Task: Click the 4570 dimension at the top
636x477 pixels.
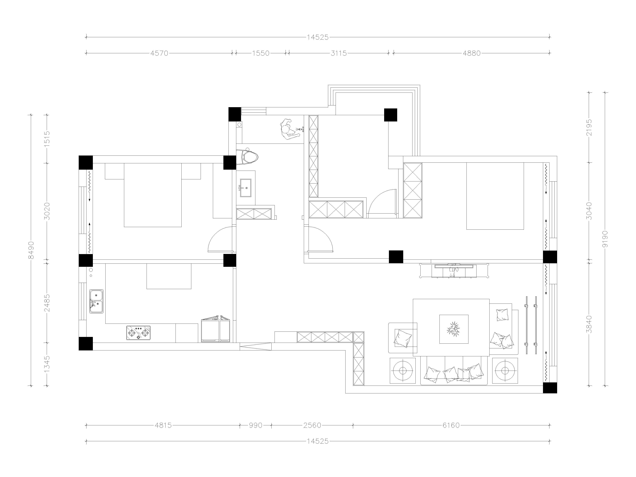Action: (x=159, y=53)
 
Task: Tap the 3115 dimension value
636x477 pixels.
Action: (x=339, y=53)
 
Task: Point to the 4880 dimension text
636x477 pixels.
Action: (x=472, y=53)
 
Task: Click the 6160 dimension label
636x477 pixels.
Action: (x=451, y=425)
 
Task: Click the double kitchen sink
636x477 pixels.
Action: (x=96, y=301)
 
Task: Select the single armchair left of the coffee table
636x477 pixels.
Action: (x=403, y=338)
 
